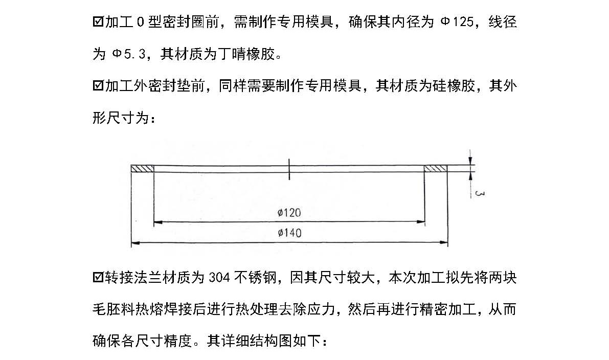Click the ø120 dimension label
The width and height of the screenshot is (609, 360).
point(289,212)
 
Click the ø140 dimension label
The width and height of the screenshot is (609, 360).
point(289,233)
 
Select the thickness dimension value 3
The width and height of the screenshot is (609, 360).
point(479,193)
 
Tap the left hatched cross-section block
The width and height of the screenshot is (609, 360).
point(142,169)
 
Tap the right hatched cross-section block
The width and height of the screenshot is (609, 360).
point(436,169)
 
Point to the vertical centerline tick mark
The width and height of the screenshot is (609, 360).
point(289,169)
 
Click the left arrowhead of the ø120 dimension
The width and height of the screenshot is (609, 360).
point(157,222)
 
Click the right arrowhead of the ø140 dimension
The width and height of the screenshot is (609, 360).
point(443,243)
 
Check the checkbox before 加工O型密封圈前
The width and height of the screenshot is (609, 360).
point(98,22)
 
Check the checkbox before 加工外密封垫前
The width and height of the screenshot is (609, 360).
point(98,85)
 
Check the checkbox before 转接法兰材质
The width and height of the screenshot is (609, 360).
point(98,278)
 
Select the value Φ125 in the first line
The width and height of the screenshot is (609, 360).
point(457,22)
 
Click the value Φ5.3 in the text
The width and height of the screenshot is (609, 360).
point(128,54)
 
